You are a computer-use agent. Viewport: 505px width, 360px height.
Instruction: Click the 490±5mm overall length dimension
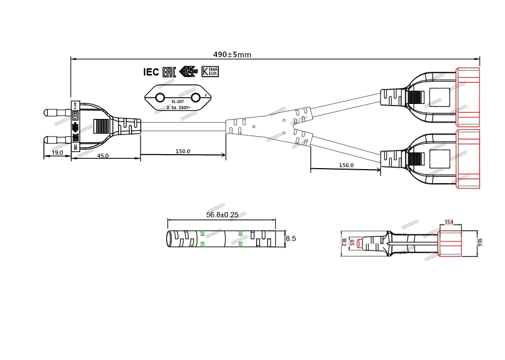(x=232, y=55)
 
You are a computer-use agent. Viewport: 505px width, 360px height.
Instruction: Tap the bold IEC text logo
(x=151, y=72)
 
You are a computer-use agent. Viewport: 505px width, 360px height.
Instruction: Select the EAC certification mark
(x=169, y=72)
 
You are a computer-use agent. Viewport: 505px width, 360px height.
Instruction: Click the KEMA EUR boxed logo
(x=210, y=72)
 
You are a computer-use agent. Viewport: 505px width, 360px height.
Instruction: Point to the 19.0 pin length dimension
(x=57, y=153)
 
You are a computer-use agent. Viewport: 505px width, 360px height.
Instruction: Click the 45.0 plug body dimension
(x=103, y=156)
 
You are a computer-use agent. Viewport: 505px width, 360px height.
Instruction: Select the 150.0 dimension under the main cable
(x=183, y=152)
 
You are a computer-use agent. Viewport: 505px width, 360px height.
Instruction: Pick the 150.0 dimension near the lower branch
(x=346, y=166)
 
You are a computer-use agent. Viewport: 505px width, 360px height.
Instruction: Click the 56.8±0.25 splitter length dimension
(x=222, y=215)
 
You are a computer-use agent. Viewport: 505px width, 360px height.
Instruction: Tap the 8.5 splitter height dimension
(x=291, y=239)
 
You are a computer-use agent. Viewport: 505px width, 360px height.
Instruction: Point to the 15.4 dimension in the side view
(x=449, y=222)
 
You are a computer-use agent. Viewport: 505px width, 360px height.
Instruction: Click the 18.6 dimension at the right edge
(x=479, y=242)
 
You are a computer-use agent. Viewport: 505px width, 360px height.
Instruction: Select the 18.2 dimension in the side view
(x=343, y=242)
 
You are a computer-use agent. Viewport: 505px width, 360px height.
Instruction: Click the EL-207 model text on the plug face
(x=177, y=102)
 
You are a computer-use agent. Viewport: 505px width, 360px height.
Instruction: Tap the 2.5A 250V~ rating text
(x=179, y=108)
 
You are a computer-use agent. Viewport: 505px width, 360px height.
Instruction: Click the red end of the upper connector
(x=468, y=97)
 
